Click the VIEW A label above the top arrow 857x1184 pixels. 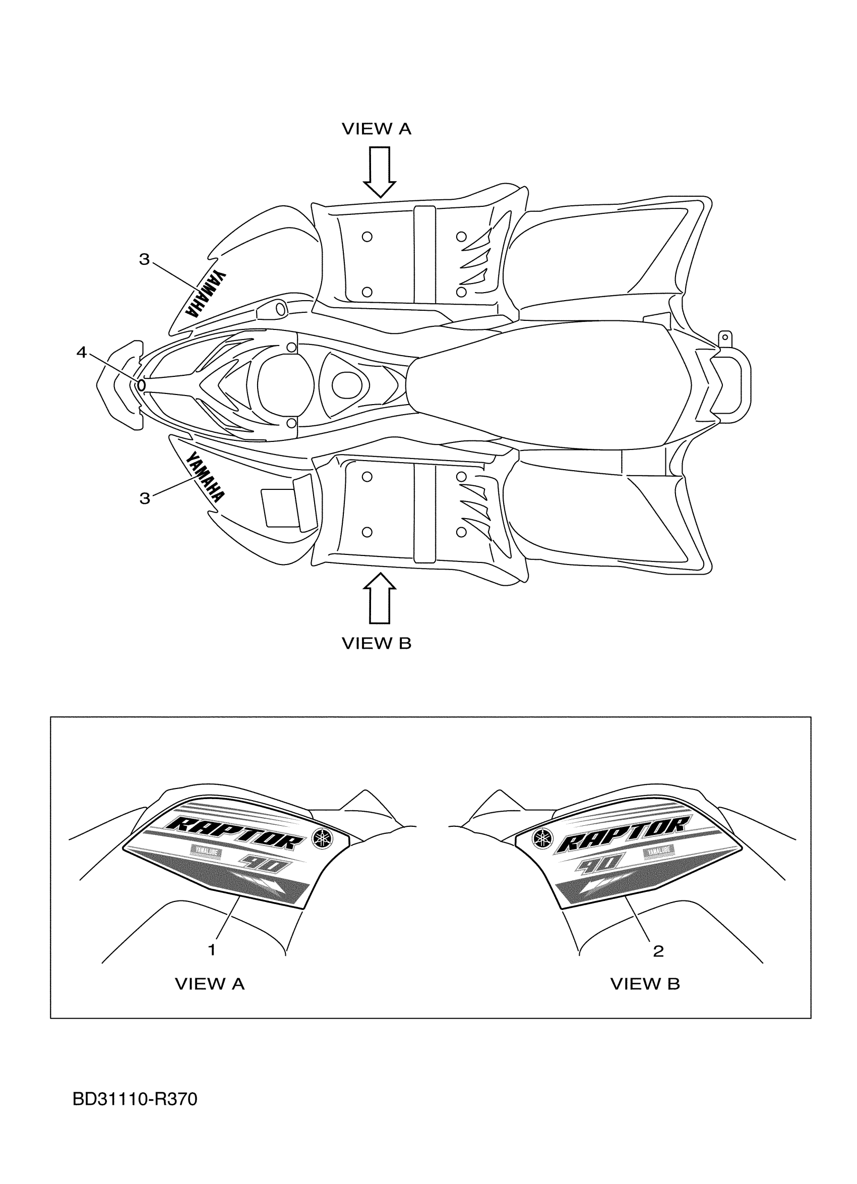point(376,129)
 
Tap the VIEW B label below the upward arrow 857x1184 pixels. point(376,643)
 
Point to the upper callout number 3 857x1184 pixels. point(145,259)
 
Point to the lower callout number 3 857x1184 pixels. point(145,498)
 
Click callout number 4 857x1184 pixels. point(81,353)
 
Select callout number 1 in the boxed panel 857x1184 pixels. point(212,949)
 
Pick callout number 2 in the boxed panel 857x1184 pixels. point(658,950)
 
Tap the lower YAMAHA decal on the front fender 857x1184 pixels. point(205,476)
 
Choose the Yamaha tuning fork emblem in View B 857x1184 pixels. point(542,838)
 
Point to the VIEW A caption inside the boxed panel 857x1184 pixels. point(209,984)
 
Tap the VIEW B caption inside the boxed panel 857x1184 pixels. point(645,984)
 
